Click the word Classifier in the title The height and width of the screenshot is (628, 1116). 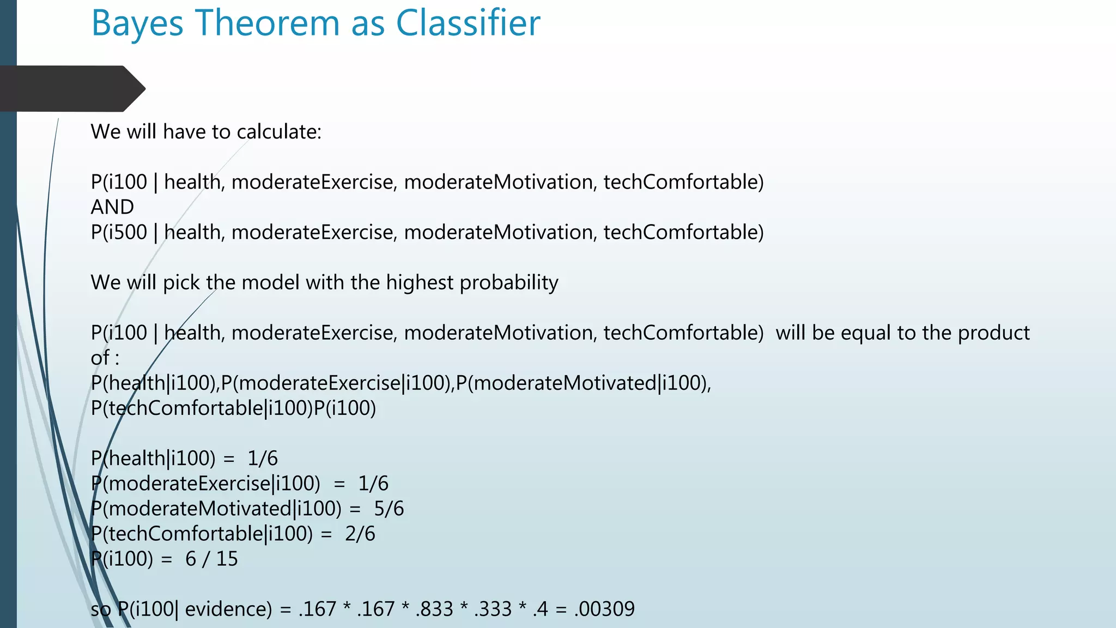[468, 23]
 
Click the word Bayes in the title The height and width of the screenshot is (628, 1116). [137, 24]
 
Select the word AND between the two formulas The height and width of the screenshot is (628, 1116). [112, 207]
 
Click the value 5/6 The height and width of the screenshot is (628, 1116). [389, 509]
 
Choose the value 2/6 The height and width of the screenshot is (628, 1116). [360, 534]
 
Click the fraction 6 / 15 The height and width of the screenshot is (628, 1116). [211, 559]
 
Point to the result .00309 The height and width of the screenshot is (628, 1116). [604, 609]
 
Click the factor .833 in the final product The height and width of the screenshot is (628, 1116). [434, 609]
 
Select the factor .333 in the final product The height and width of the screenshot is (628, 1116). [493, 609]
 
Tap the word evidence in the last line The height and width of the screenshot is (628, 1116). [228, 609]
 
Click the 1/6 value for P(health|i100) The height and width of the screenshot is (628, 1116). [262, 458]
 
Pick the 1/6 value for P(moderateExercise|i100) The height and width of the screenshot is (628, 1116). [373, 484]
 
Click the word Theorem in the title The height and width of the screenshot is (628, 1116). [267, 23]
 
